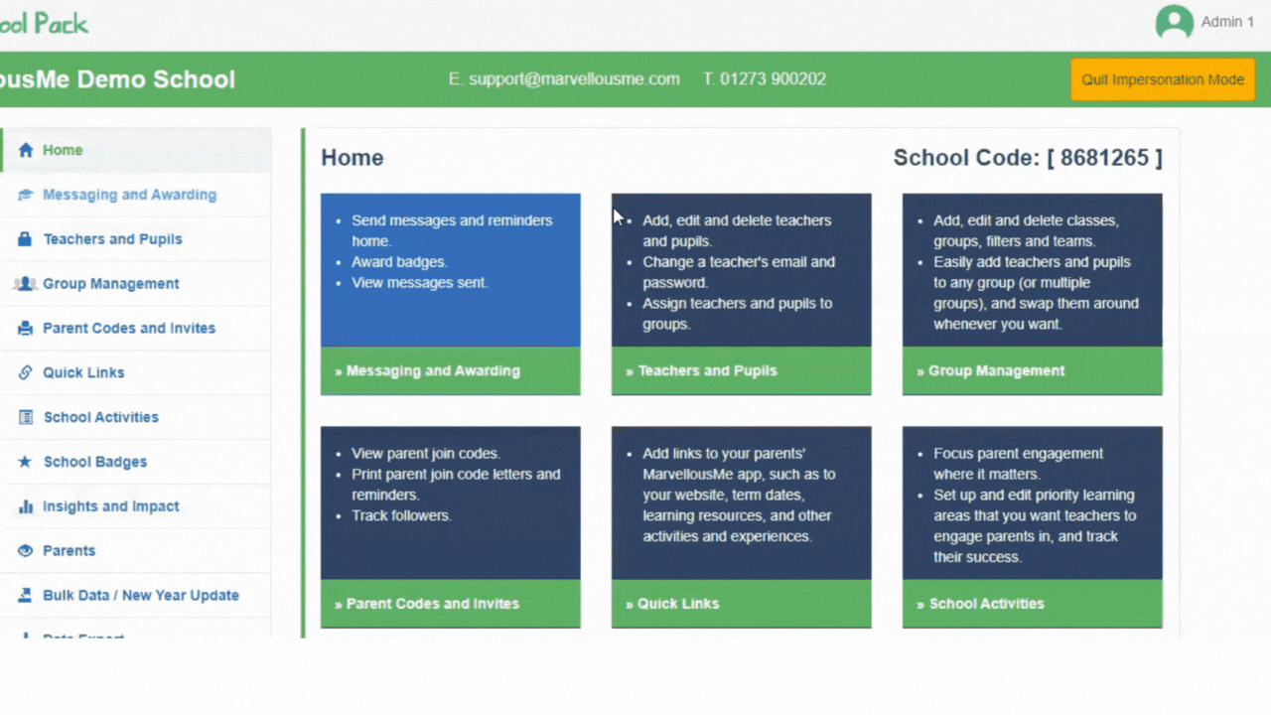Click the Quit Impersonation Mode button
pyautogui.click(x=1162, y=79)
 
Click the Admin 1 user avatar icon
pyautogui.click(x=1174, y=23)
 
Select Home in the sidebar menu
pyautogui.click(x=63, y=150)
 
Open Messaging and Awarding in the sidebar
pyautogui.click(x=129, y=195)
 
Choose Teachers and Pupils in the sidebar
pyautogui.click(x=112, y=239)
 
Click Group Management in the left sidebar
pyautogui.click(x=110, y=284)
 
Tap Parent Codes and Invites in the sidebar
pyautogui.click(x=128, y=329)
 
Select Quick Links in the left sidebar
pyautogui.click(x=83, y=373)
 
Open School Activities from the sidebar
pyautogui.click(x=100, y=417)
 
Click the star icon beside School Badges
pyautogui.click(x=25, y=462)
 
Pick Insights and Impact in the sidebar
pyautogui.click(x=110, y=506)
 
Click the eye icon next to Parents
pyautogui.click(x=25, y=551)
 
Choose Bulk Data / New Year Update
pyautogui.click(x=140, y=596)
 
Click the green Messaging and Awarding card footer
pyautogui.click(x=450, y=370)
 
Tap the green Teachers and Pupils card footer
pyautogui.click(x=741, y=370)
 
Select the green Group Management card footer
pyautogui.click(x=1032, y=370)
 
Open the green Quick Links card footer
pyautogui.click(x=741, y=604)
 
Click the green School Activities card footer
pyautogui.click(x=1032, y=604)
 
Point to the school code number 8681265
pyautogui.click(x=1104, y=158)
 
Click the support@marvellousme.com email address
pyautogui.click(x=574, y=79)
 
